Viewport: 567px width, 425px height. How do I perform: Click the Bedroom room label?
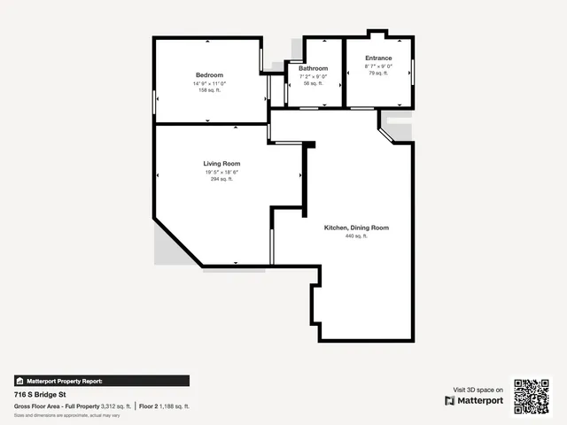pos(209,74)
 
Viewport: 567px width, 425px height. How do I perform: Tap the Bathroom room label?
pos(313,68)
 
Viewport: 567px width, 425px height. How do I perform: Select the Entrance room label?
pos(378,58)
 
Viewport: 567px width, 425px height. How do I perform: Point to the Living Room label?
pos(221,164)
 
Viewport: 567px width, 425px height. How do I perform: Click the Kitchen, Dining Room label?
pos(356,228)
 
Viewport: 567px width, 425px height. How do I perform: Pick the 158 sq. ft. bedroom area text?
pos(209,90)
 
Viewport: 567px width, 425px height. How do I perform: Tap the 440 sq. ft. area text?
pos(356,236)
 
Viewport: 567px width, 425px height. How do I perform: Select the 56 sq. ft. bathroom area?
pos(313,82)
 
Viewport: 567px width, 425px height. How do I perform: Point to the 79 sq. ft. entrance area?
pos(378,73)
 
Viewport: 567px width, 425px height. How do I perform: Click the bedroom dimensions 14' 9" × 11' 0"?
pos(209,83)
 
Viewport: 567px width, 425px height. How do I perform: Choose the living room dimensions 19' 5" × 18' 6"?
pos(221,172)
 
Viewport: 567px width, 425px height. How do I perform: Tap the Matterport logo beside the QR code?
pos(474,400)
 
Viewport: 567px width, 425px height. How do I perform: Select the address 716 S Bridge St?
pos(40,395)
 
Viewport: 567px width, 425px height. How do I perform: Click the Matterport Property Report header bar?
pos(102,381)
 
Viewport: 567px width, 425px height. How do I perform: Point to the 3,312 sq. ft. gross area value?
pos(116,406)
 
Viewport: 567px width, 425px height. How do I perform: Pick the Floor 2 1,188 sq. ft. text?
pos(165,406)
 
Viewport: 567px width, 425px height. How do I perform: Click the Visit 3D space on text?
pos(478,390)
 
